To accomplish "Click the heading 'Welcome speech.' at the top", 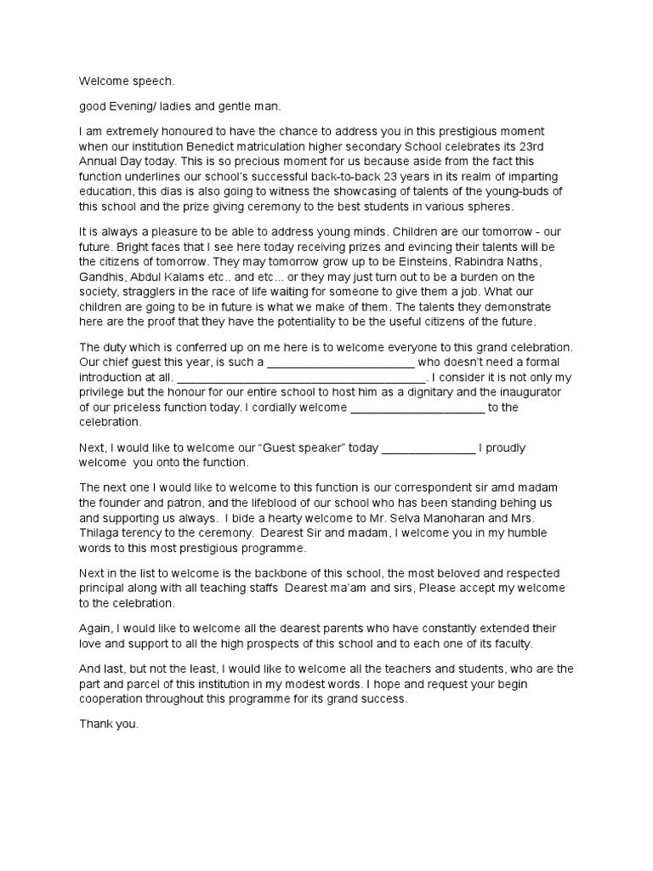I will coord(127,82).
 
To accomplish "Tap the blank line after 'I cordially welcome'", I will coord(417,407).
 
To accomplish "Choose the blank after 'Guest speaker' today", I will coord(429,447).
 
